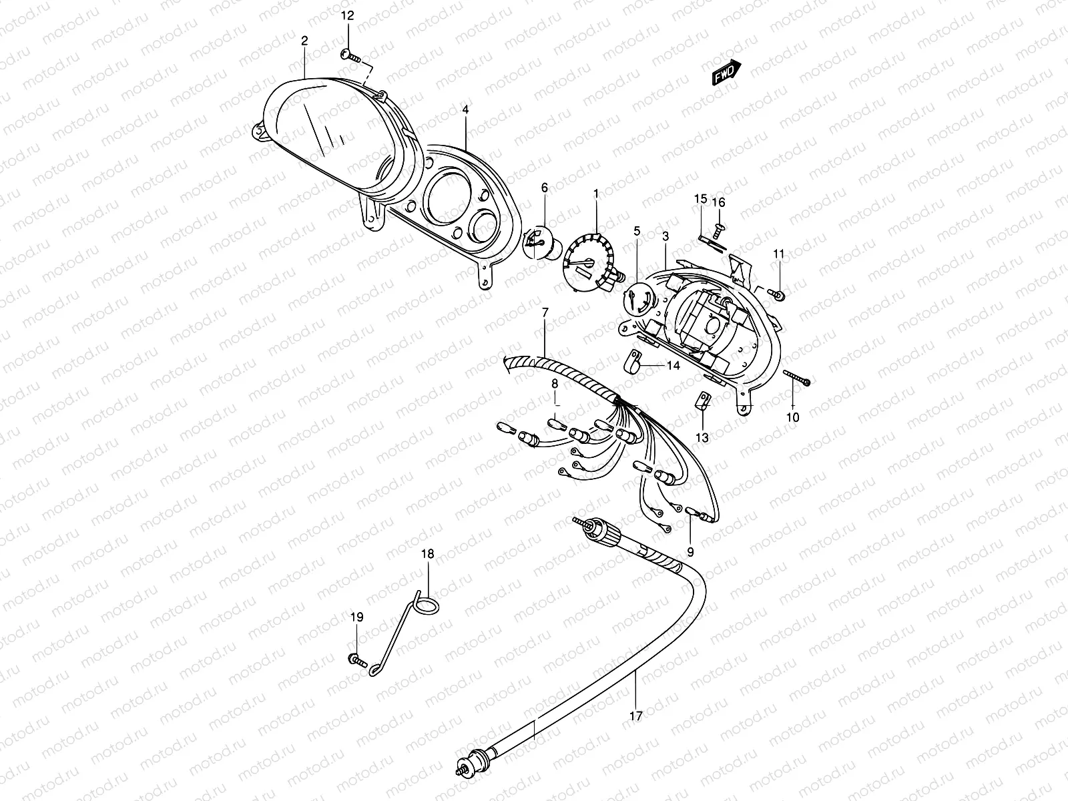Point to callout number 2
point(304,41)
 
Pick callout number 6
point(544,189)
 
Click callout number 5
point(637,231)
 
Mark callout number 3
point(665,236)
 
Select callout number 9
point(690,552)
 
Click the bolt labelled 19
point(355,660)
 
